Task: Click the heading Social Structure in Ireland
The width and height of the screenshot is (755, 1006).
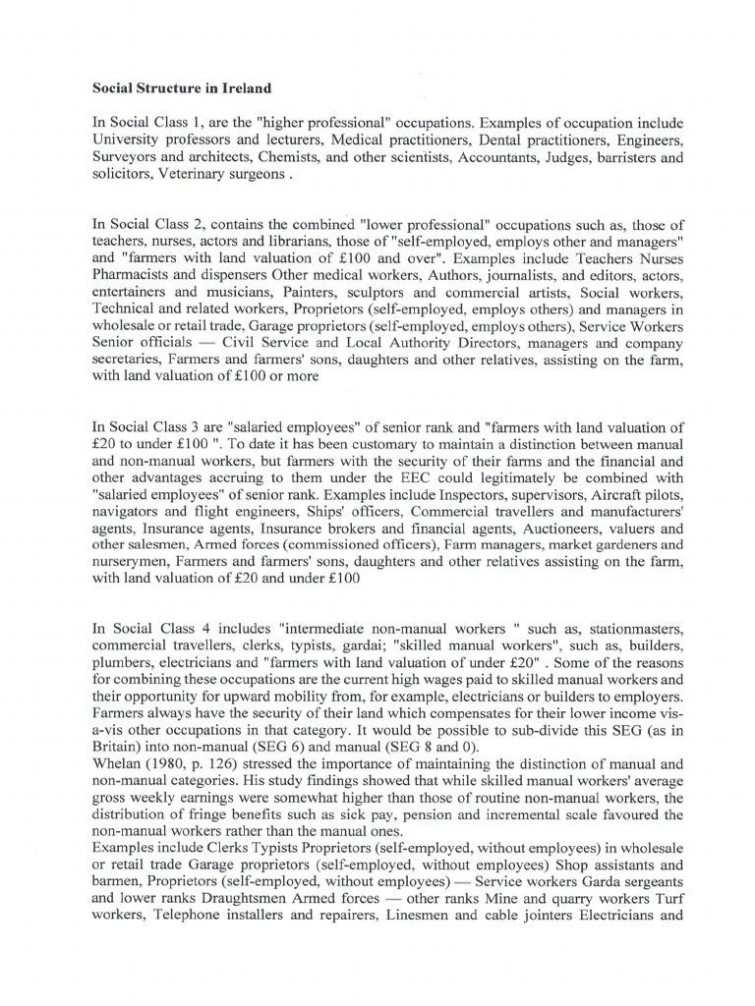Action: click(181, 88)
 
